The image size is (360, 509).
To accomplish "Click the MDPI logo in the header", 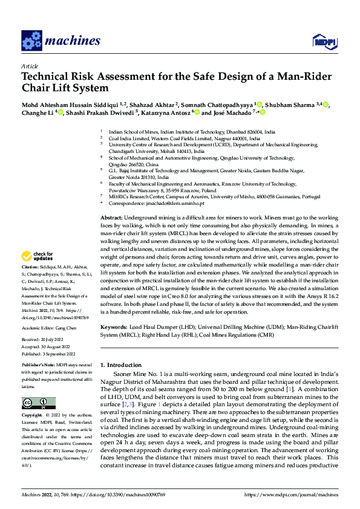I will pos(324,41).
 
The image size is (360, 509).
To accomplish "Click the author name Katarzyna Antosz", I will pos(166,112).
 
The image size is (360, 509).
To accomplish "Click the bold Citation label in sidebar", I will pos(31,284).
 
